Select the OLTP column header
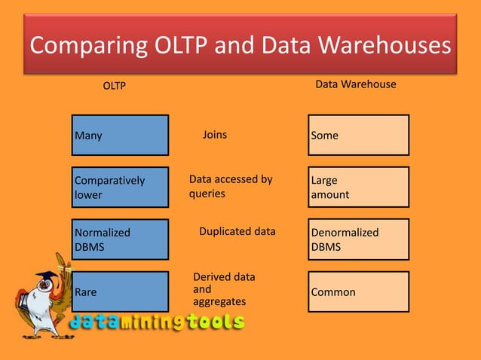coord(114,86)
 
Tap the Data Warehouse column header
coord(355,84)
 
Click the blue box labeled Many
coord(120,136)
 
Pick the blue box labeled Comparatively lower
coord(120,187)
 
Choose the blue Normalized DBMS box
coord(120,239)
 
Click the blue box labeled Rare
coord(120,291)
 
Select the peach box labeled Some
coord(358,136)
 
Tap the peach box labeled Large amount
coord(358,187)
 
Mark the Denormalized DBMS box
coord(358,239)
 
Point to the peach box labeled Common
coord(358,291)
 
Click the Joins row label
coord(215,136)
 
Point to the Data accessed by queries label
coord(230,186)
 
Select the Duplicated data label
coord(237,231)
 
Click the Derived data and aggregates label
coord(224,289)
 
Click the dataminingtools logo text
coord(158,322)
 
